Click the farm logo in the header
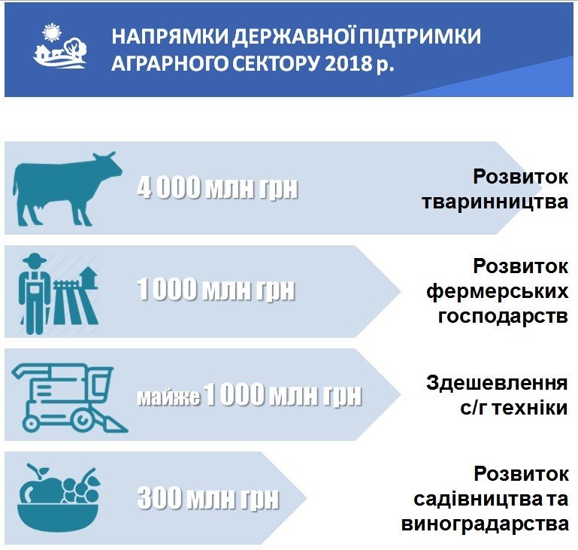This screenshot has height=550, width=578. [59, 46]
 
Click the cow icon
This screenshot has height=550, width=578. [68, 189]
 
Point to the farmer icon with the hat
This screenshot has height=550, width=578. [35, 293]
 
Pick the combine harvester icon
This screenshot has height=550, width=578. [69, 398]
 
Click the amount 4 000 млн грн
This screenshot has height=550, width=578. [217, 188]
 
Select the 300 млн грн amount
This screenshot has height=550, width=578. [208, 498]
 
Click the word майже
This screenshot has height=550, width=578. [168, 397]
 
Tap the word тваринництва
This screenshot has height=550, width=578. [495, 202]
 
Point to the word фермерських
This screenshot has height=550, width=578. [497, 292]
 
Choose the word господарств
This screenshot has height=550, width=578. [503, 317]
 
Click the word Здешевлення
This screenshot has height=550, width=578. [497, 382]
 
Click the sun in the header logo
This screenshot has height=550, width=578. [51, 32]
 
